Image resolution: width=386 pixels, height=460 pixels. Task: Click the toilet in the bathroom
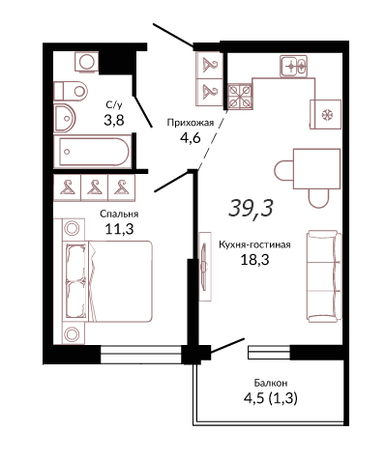click(x=71, y=91)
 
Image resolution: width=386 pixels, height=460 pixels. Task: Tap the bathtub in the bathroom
click(x=93, y=152)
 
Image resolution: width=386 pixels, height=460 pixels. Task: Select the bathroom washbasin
click(x=64, y=118)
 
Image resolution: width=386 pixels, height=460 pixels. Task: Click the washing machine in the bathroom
click(x=86, y=62)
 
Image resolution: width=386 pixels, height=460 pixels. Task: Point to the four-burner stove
click(x=240, y=96)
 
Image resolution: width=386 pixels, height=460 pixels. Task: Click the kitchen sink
click(x=293, y=67)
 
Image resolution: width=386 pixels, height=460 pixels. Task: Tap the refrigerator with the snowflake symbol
click(x=325, y=114)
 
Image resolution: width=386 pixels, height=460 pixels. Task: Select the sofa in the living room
click(x=324, y=276)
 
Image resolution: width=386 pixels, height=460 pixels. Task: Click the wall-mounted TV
click(x=204, y=267)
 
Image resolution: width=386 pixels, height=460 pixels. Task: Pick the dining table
click(x=316, y=169)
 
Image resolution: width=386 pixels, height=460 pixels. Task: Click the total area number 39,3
click(x=251, y=208)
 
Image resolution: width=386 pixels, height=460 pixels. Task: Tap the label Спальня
click(x=119, y=214)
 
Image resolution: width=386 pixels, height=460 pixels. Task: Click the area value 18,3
click(x=254, y=259)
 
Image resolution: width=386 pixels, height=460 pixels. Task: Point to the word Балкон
click(x=271, y=383)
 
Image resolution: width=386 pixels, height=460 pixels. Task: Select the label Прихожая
click(x=191, y=123)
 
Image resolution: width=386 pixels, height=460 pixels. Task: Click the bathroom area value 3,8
click(x=114, y=120)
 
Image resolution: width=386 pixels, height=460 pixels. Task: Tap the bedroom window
click(x=141, y=355)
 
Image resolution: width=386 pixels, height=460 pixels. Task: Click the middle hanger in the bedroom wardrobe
click(x=94, y=187)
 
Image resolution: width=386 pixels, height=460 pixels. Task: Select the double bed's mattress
click(x=120, y=281)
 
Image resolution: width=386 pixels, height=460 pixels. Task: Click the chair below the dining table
click(x=318, y=198)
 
